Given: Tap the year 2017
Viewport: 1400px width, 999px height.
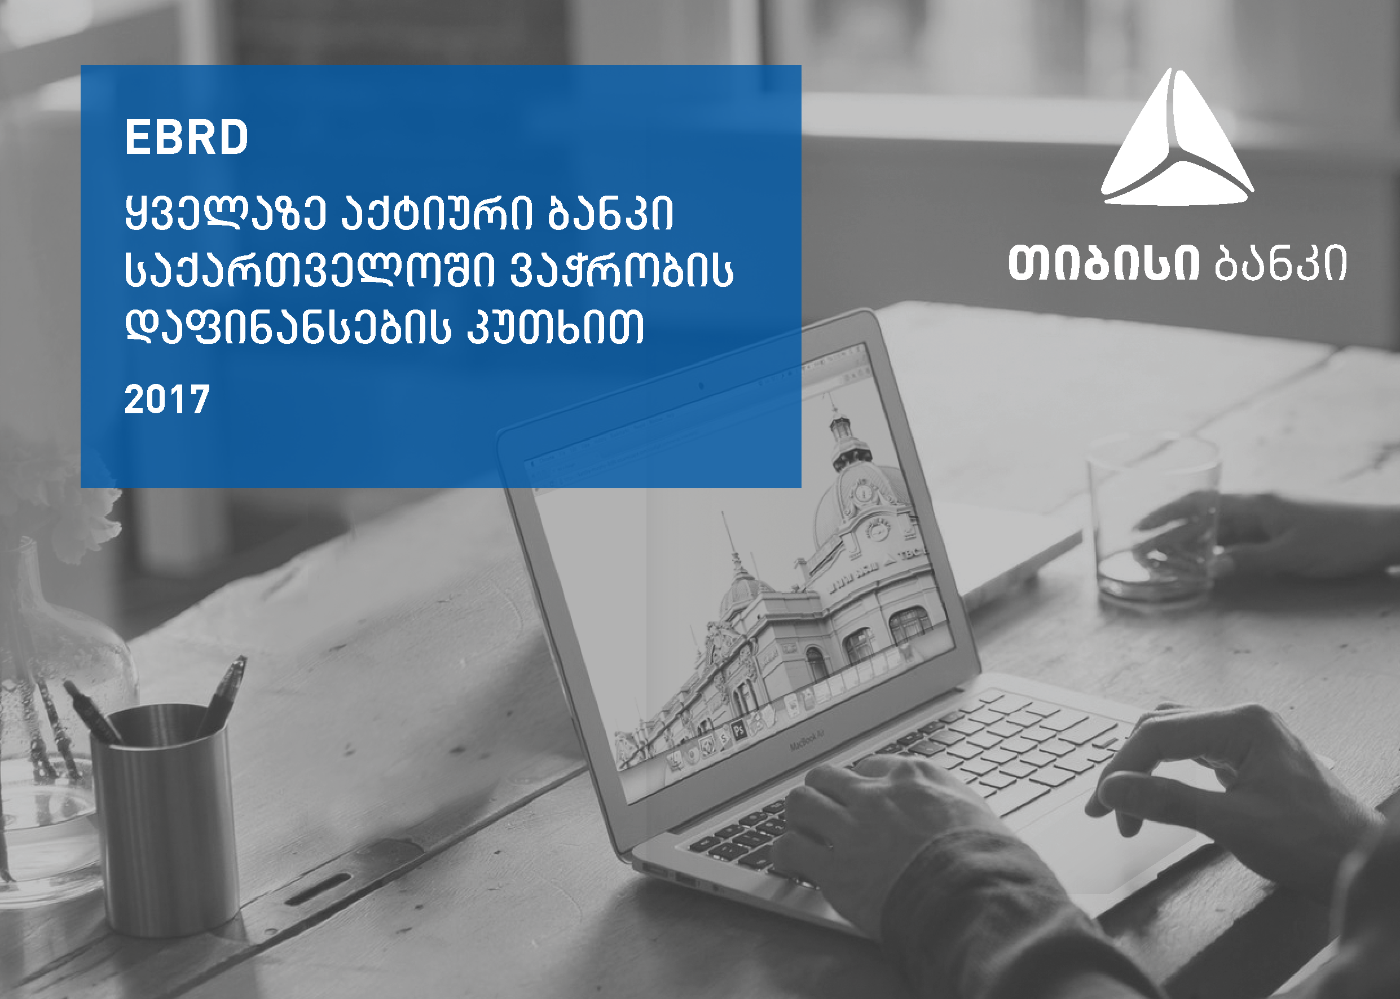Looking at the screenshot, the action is tap(168, 400).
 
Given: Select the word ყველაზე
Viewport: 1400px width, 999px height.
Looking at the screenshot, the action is tap(225, 214).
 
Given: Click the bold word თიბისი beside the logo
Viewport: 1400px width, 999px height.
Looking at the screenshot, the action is tap(1104, 264).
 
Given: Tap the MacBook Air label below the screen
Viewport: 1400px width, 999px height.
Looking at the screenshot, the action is tap(807, 741).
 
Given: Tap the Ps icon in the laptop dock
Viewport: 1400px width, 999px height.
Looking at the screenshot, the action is tap(738, 730).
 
